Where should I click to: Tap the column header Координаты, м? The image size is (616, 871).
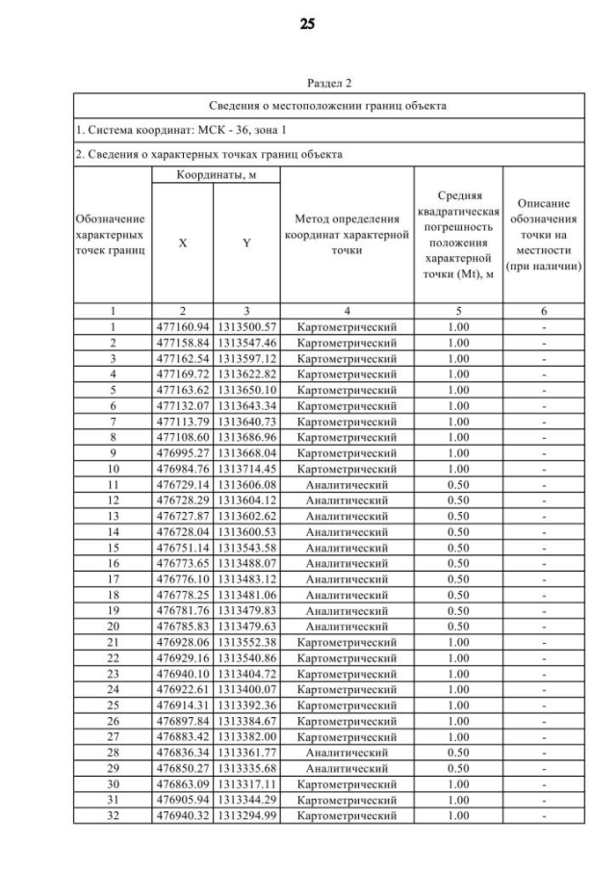coord(215,175)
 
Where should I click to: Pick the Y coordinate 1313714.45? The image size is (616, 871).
coord(246,469)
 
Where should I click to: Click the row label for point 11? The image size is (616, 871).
coord(112,485)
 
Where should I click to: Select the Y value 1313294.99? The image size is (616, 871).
coord(246,816)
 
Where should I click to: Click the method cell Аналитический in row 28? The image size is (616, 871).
coord(346,753)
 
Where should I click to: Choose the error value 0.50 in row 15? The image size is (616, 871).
coord(458,548)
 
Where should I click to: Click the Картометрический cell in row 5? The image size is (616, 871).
coord(346,390)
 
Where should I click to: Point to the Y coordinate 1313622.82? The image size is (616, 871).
coord(246,374)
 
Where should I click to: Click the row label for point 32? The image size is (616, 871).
coord(112,816)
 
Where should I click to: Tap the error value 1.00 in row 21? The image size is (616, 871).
coord(458,643)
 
